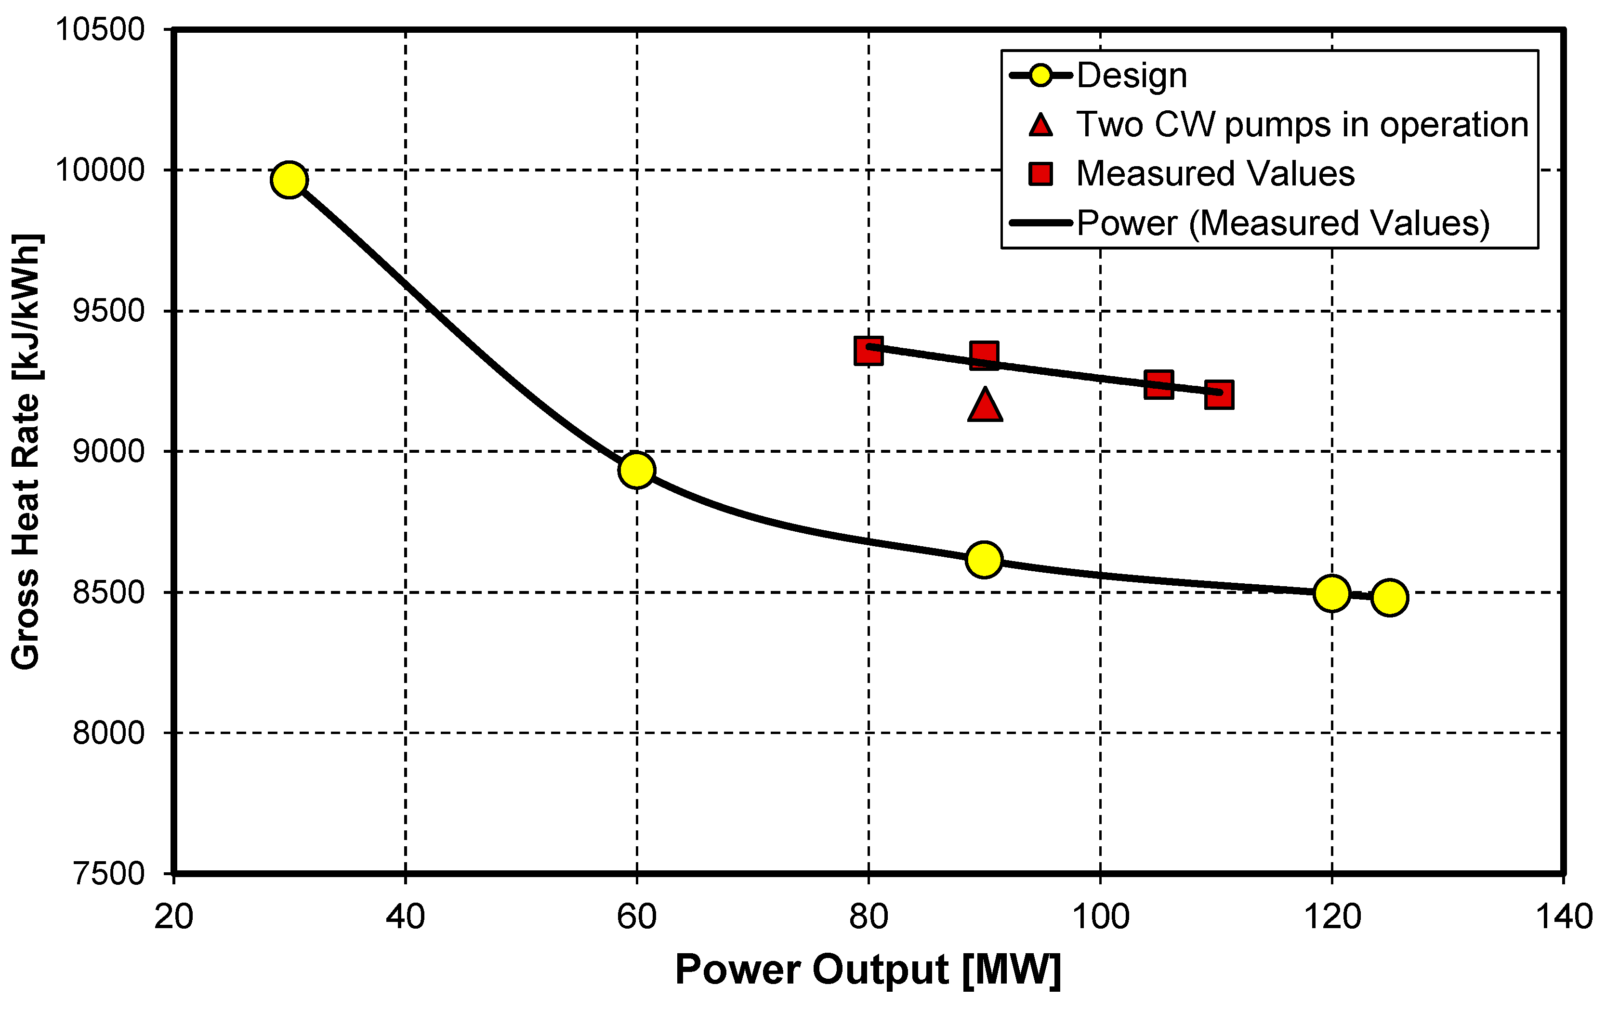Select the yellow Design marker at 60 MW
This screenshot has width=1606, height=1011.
coord(636,470)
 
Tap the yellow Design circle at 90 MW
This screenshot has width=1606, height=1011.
coord(984,560)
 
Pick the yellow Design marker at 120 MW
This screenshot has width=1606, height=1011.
coord(1331,593)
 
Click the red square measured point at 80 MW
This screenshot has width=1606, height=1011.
coord(869,351)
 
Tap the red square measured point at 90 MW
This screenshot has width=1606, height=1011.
coord(985,355)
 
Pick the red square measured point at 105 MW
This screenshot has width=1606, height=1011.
coord(1158,385)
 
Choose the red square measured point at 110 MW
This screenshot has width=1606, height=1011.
coord(1219,395)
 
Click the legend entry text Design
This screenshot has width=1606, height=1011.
coord(1132,75)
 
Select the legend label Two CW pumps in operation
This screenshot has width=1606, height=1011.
coord(1302,125)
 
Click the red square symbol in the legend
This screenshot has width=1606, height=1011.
coord(1040,174)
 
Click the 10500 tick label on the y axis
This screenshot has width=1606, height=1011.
coord(100,29)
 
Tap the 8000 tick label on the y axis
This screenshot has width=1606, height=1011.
coord(108,733)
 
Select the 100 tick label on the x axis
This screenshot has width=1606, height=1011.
coord(1100,917)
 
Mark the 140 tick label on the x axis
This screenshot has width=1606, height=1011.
coord(1563,917)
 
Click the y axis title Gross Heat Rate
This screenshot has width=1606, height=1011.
coord(26,451)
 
